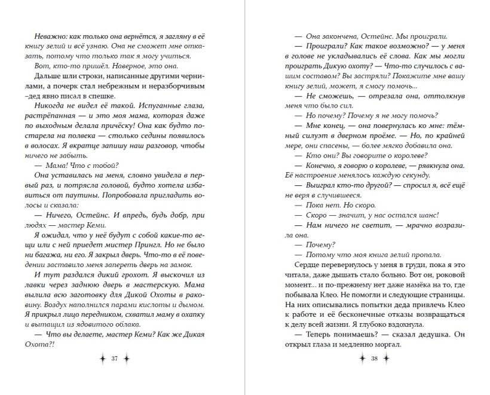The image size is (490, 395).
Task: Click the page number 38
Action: coord(375,359)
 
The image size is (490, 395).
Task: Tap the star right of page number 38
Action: coord(388,359)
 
